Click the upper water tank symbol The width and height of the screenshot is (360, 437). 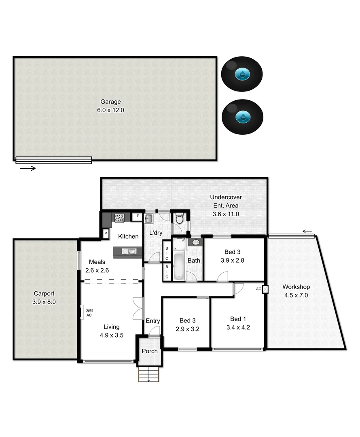pyautogui.click(x=242, y=74)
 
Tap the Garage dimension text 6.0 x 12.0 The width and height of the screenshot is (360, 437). pyautogui.click(x=110, y=110)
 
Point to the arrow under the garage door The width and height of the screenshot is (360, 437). pyautogui.click(x=27, y=168)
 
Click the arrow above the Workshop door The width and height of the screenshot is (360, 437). pyautogui.click(x=308, y=231)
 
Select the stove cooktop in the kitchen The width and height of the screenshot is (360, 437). pyautogui.click(x=119, y=218)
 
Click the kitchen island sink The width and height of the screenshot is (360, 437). pyautogui.click(x=130, y=252)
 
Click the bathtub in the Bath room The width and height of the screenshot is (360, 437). pyautogui.click(x=178, y=266)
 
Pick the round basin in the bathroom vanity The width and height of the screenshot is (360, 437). pyautogui.click(x=196, y=242)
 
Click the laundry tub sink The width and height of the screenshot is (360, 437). pyautogui.click(x=148, y=219)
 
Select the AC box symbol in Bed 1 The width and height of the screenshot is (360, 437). pyautogui.click(x=265, y=290)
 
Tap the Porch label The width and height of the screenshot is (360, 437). pyautogui.click(x=150, y=351)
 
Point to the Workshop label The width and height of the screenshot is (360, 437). pyautogui.click(x=296, y=287)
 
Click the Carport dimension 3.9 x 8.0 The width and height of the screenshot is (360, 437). pyautogui.click(x=44, y=301)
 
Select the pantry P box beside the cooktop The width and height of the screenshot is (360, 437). pyautogui.click(x=138, y=216)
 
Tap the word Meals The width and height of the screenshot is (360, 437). pyautogui.click(x=97, y=262)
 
